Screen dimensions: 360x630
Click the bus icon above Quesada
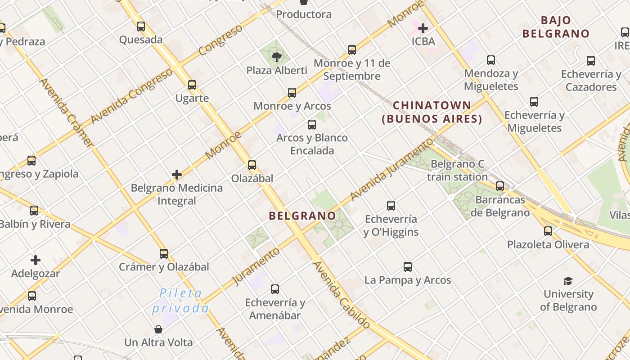point(141,27)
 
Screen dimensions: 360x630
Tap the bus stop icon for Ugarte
point(192,85)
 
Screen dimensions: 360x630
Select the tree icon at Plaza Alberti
point(277,57)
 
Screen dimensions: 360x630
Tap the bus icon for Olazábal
point(252,165)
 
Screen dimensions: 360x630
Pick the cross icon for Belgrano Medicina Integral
point(177,174)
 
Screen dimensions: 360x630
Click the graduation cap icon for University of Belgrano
point(568,281)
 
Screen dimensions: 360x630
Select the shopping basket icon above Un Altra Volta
point(158,329)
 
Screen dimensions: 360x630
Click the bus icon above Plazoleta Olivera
point(548,231)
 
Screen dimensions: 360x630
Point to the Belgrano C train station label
point(457,170)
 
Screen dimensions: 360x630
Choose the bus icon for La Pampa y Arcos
point(408,267)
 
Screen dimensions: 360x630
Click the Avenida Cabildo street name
point(342,295)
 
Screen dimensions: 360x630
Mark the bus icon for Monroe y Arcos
point(292,93)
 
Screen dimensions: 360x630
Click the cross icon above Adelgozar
point(36,260)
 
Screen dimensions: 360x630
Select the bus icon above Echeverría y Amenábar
point(275,289)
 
